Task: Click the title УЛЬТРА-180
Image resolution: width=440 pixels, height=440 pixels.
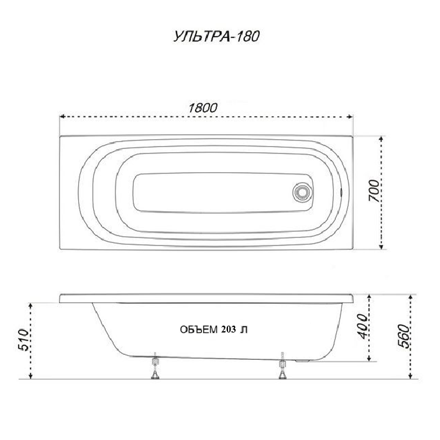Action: (216, 37)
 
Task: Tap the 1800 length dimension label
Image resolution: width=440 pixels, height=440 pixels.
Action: (203, 108)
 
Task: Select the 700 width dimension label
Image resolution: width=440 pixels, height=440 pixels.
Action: (374, 191)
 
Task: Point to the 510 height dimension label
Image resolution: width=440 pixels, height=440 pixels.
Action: (24, 340)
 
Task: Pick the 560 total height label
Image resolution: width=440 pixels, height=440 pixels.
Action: (405, 336)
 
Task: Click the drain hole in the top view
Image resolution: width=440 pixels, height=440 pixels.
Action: (302, 192)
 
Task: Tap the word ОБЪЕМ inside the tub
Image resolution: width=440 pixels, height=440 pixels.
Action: (199, 329)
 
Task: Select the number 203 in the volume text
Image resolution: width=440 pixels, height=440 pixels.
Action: (228, 329)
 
